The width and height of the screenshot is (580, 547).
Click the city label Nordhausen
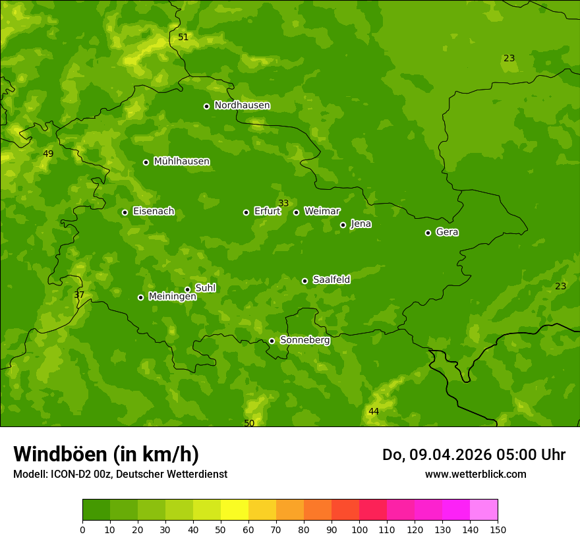[242, 105]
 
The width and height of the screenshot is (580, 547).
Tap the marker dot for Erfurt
[246, 212]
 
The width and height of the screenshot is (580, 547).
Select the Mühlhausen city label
[181, 161]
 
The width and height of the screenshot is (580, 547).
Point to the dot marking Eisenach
[125, 212]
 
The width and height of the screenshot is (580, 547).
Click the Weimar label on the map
[322, 212]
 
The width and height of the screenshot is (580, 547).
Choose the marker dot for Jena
[343, 225]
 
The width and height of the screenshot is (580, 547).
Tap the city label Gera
[447, 232]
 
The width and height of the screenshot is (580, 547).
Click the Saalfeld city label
[331, 280]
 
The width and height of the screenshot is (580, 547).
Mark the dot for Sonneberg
[272, 341]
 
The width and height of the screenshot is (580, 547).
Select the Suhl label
[205, 288]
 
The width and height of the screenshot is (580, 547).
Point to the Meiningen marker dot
[140, 297]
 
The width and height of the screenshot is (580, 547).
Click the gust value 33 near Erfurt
[283, 203]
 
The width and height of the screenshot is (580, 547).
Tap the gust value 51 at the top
[183, 37]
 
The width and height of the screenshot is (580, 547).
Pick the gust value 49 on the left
[48, 154]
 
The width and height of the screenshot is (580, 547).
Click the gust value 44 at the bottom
[374, 411]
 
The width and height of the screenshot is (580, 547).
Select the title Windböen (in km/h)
[106, 454]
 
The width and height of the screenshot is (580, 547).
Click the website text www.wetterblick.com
[475, 474]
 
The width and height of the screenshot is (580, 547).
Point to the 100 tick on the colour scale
[359, 529]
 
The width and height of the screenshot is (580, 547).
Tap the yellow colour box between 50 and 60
[235, 510]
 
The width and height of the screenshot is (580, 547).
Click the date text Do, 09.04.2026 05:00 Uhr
[473, 455]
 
